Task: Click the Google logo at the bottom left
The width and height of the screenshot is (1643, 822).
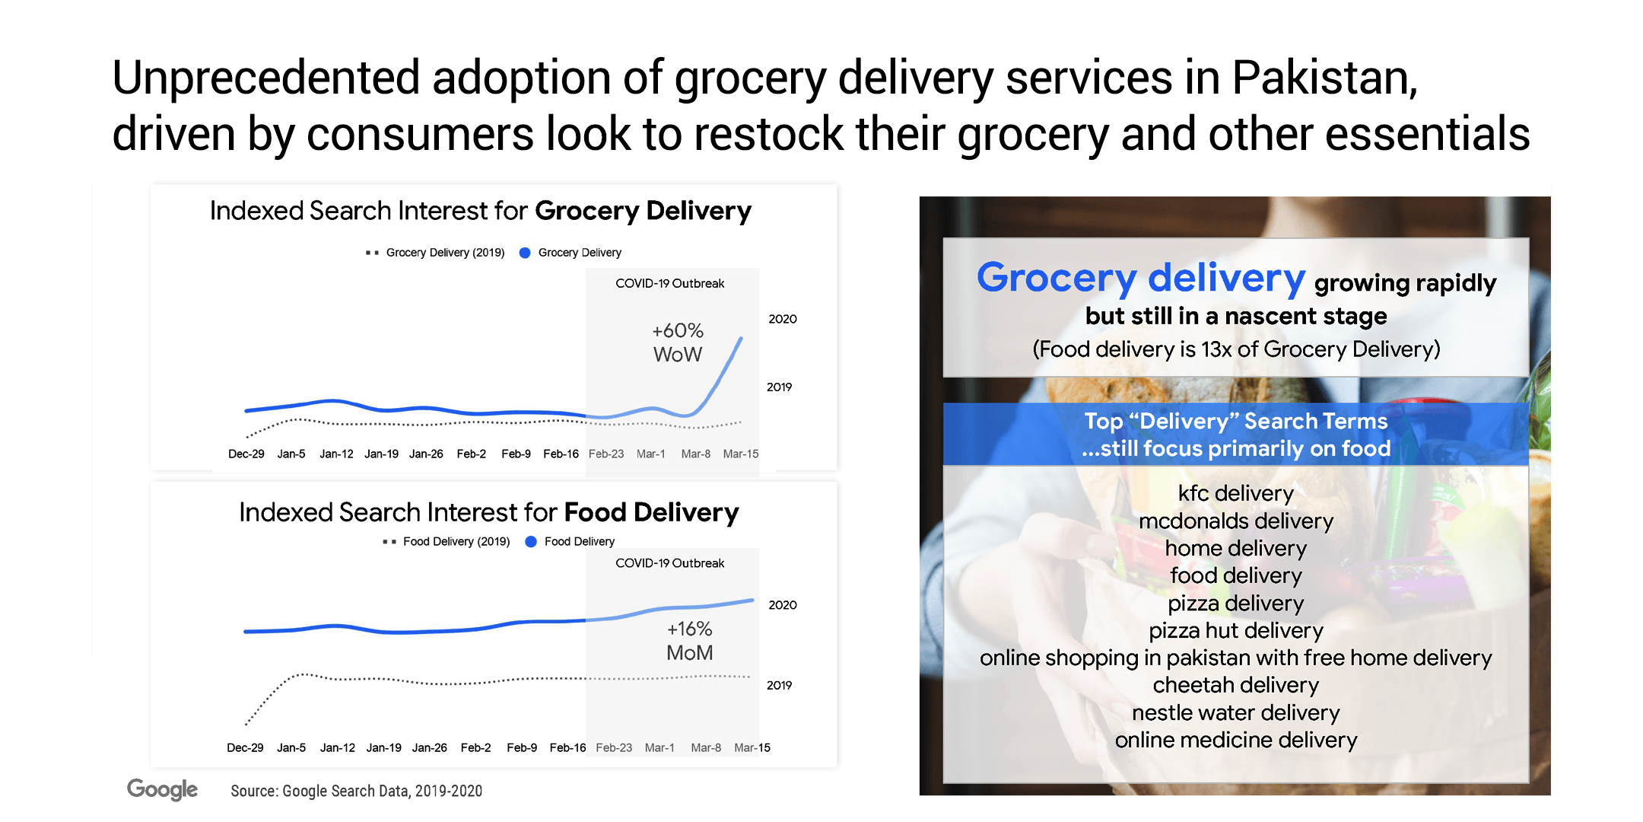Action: pos(162,789)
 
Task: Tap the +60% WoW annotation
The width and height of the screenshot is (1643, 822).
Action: pos(678,342)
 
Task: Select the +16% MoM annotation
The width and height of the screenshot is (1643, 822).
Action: pos(690,641)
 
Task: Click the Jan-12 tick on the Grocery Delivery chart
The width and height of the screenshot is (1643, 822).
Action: pos(336,454)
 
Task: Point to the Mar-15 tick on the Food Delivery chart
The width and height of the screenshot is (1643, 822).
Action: pos(752,747)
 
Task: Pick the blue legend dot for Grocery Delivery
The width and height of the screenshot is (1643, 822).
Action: pos(525,253)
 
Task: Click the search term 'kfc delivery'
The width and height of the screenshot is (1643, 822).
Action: pos(1236,493)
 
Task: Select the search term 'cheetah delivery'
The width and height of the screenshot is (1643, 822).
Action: pos(1236,685)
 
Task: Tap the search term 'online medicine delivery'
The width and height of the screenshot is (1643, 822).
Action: pos(1236,740)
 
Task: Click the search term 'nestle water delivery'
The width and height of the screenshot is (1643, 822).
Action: pos(1236,712)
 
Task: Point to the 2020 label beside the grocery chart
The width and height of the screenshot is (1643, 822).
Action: pos(783,319)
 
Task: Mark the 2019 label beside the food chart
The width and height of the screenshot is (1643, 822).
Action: pos(779,685)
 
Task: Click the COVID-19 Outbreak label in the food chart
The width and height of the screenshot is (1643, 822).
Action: pos(669,563)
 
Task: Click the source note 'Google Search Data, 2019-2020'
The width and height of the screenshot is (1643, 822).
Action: pos(382,791)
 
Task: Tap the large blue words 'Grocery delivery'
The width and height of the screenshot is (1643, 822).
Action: pos(1141,279)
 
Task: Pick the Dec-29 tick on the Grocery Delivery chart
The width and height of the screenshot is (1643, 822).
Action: pos(246,454)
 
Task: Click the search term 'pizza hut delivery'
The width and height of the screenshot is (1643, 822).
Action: pos(1236,630)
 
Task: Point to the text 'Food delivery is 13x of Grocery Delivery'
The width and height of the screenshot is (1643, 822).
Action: pos(1236,349)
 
